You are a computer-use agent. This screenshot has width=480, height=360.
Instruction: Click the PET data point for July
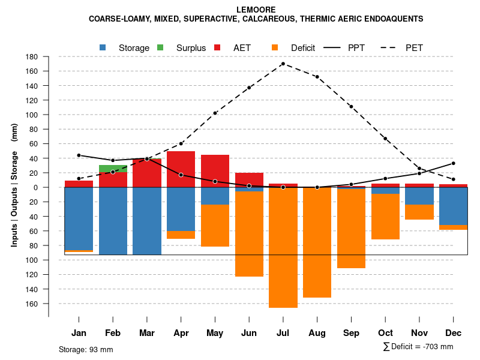click(283, 64)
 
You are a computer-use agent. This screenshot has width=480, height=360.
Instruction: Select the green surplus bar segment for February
click(113, 168)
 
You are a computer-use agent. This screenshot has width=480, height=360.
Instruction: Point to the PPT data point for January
click(79, 155)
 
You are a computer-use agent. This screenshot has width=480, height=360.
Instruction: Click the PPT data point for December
click(454, 163)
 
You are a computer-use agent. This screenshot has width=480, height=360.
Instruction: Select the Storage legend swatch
click(103, 47)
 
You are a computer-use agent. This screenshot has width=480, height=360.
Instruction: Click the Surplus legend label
click(191, 48)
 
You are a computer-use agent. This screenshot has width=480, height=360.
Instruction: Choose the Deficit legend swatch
click(275, 47)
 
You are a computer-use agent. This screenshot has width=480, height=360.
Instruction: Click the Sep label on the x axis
click(351, 333)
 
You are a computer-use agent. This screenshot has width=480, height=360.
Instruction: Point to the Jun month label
click(249, 333)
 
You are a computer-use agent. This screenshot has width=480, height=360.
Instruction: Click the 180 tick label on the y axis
click(32, 57)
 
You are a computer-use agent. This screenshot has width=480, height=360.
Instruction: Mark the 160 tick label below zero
click(32, 304)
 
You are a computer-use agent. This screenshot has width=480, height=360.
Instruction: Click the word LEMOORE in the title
click(256, 10)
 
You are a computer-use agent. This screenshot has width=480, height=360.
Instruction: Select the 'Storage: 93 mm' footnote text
click(86, 349)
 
